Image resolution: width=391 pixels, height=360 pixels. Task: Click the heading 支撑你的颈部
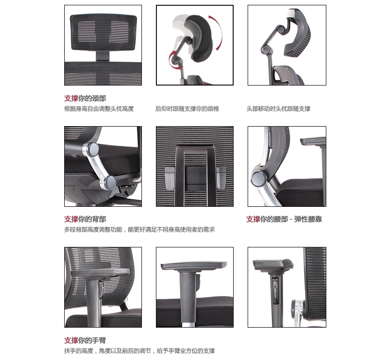[x=85, y=99]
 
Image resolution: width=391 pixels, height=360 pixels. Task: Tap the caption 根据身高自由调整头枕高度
[x=99, y=109]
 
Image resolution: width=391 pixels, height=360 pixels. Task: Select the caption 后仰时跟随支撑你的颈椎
[x=187, y=109]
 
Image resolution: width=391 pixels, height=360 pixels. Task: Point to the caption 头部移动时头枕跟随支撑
[x=279, y=109]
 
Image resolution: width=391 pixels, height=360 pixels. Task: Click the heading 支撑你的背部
[x=85, y=219]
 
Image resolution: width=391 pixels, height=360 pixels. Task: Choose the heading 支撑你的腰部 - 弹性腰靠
[x=284, y=219]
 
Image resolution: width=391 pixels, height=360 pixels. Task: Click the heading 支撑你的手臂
[x=85, y=340]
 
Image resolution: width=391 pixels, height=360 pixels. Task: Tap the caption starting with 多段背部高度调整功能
[x=140, y=230]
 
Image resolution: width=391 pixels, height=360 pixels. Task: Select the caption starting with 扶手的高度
[x=140, y=351]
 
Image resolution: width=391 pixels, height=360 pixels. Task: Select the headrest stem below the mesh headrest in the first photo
[x=103, y=56]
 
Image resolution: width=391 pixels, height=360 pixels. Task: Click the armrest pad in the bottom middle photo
[x=194, y=266]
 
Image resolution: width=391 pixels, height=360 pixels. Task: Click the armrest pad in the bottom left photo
[x=100, y=273]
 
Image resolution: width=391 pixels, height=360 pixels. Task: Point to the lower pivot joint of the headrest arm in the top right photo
[x=266, y=50]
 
